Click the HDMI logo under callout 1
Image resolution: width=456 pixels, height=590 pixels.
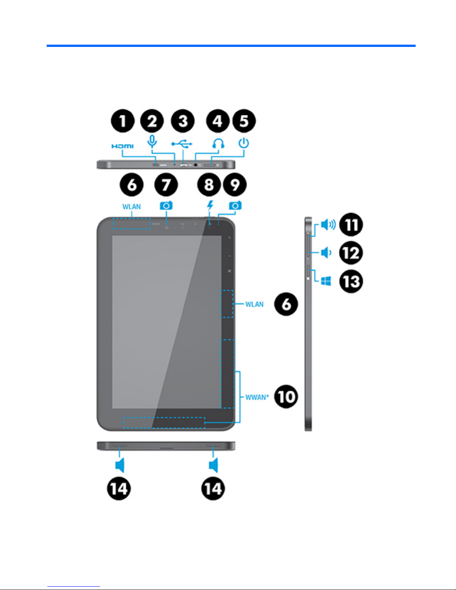pyautogui.click(x=122, y=146)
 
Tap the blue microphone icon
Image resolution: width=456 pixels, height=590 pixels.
pyautogui.click(x=152, y=141)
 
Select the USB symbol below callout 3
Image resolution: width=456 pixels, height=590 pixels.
pyautogui.click(x=182, y=144)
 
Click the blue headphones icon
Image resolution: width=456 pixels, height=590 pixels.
pyautogui.click(x=218, y=143)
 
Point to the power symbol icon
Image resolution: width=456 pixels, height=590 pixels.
pyautogui.click(x=244, y=143)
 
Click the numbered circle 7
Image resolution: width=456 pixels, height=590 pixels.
pyautogui.click(x=166, y=185)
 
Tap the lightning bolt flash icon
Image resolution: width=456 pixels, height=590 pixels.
pyautogui.click(x=210, y=205)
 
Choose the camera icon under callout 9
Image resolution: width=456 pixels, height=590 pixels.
pyautogui.click(x=235, y=205)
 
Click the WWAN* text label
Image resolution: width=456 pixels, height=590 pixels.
pyautogui.click(x=257, y=397)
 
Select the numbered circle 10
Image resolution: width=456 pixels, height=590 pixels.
pyautogui.click(x=286, y=396)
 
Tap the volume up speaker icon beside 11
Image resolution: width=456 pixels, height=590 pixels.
pyautogui.click(x=328, y=224)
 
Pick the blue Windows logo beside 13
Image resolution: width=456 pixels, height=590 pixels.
pyautogui.click(x=326, y=281)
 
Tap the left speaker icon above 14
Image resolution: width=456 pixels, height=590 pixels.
pyautogui.click(x=119, y=465)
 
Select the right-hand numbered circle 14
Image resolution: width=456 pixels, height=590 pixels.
pyautogui.click(x=213, y=488)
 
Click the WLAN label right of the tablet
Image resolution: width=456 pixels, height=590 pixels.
pyautogui.click(x=254, y=304)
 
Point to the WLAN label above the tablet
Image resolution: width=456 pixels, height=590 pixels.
pyautogui.click(x=131, y=207)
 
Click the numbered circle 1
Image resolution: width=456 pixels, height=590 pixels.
pyautogui.click(x=123, y=121)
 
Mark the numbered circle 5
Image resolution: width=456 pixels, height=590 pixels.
pyautogui.click(x=244, y=121)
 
